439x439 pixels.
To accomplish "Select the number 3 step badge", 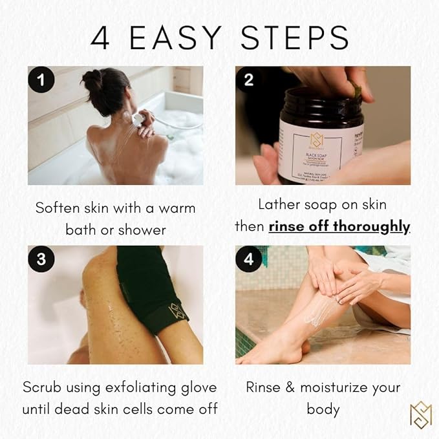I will point(41,260).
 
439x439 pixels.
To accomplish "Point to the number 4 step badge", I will point(249,260).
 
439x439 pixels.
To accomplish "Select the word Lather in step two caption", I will point(279,205).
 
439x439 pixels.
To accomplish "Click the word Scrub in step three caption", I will point(42,387).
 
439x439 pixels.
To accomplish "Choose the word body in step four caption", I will point(323,409).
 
